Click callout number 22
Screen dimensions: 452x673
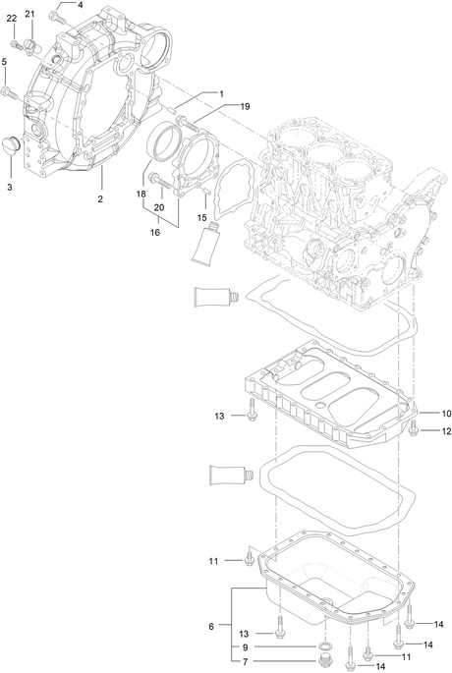(12, 18)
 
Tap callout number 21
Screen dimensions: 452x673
(29, 14)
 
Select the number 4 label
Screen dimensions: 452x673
(80, 5)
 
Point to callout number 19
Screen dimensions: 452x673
(245, 106)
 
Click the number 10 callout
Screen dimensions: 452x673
(446, 414)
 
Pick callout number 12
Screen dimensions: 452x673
(446, 431)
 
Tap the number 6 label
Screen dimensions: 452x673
(211, 627)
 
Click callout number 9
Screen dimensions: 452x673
(245, 647)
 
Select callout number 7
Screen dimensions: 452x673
(245, 661)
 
